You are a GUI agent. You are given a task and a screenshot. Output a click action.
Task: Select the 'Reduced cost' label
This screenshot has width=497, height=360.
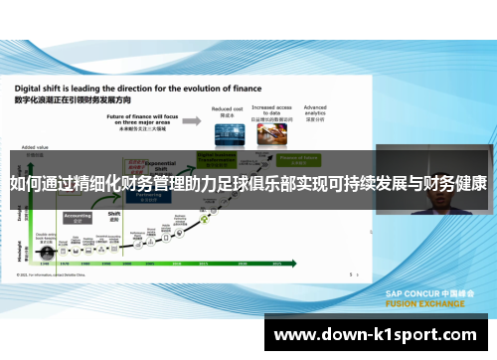coord(228,109)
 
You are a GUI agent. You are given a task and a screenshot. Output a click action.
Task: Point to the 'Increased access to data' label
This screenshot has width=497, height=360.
coord(270,109)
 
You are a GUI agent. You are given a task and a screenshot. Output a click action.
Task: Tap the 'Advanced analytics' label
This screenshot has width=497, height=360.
coord(315,109)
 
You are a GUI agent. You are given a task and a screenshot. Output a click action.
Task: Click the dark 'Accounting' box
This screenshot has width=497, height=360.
coord(78,216)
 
